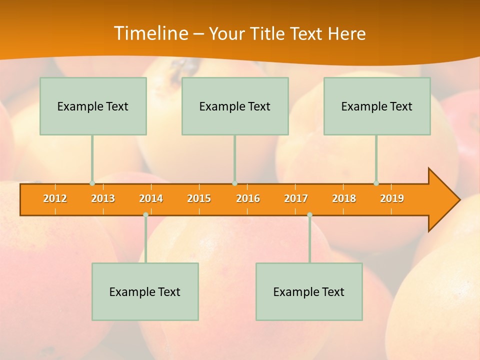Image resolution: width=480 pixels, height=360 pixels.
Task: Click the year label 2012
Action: [x=55, y=198]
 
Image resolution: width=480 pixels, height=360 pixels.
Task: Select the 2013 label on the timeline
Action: [x=103, y=198]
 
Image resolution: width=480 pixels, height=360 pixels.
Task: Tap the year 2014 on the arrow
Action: [x=151, y=198]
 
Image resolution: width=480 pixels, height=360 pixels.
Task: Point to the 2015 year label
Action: [x=199, y=198]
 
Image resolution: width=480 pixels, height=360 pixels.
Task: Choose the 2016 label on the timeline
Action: [x=248, y=198]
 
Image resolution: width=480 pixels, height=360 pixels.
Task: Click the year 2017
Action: [x=296, y=198]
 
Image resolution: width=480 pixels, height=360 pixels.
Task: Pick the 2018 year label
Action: [x=344, y=198]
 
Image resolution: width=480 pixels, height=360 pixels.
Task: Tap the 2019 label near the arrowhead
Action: [x=392, y=198]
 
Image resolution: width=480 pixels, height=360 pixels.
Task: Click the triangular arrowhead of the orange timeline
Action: [x=442, y=199]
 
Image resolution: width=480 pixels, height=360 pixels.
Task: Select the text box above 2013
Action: [x=93, y=106]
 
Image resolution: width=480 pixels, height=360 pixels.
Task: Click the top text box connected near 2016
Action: [x=235, y=106]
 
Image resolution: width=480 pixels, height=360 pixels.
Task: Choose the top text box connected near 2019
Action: [x=377, y=106]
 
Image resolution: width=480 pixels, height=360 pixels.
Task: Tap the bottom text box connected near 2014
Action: [x=145, y=291]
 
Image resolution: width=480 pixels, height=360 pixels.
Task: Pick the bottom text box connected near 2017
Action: [x=309, y=291]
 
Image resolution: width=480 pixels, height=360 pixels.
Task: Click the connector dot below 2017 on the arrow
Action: [x=309, y=215]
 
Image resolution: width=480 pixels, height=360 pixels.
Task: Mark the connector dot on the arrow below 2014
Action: [x=145, y=215]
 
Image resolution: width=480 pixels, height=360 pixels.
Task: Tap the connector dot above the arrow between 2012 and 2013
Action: [x=92, y=183]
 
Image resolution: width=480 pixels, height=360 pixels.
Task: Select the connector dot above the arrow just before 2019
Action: [x=376, y=183]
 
